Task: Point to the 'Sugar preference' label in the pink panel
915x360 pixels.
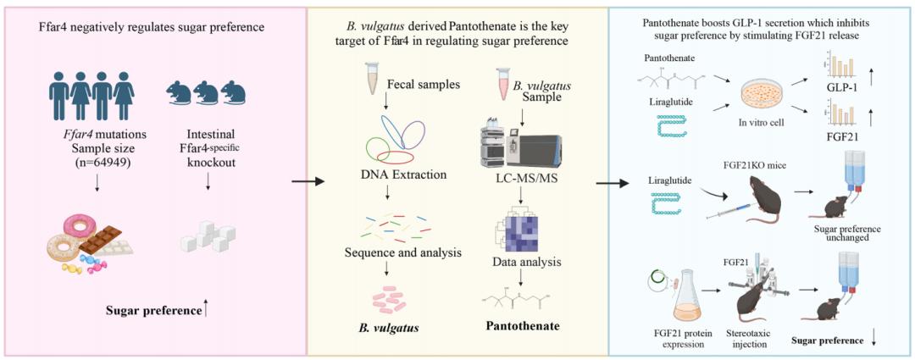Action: (x=153, y=311)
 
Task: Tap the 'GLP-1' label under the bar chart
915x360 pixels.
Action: (x=847, y=87)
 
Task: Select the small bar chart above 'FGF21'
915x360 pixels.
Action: (x=846, y=114)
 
